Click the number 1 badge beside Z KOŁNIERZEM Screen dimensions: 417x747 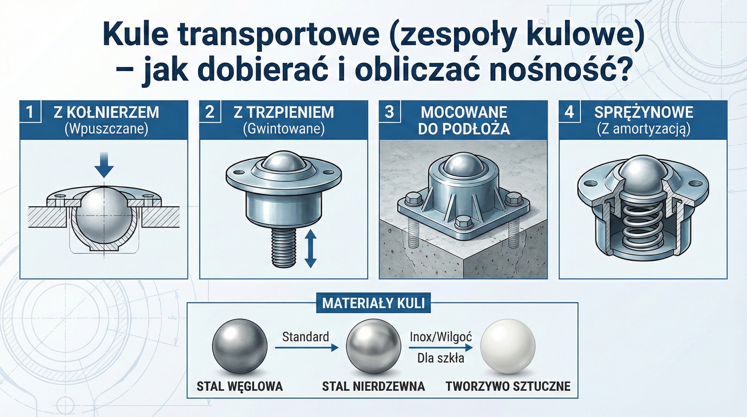[x=30, y=112]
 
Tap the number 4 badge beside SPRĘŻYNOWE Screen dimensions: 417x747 [x=569, y=112]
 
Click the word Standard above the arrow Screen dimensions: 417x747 [x=305, y=337]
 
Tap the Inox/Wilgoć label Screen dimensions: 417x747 [x=441, y=337]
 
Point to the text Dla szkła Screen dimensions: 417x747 [x=441, y=358]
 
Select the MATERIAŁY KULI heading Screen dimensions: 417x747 [x=373, y=303]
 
